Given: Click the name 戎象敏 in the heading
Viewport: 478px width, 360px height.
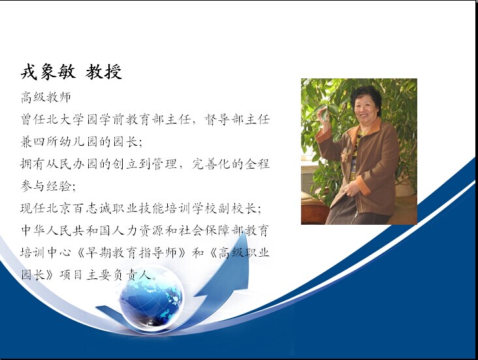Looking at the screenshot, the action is [x=48, y=72].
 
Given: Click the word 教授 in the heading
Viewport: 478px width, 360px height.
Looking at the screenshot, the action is [x=104, y=72].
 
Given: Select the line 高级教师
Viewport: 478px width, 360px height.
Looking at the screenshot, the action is [x=46, y=97].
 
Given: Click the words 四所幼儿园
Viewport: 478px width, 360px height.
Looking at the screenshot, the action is [x=65, y=142].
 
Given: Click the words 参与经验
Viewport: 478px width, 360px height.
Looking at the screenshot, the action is [x=46, y=186].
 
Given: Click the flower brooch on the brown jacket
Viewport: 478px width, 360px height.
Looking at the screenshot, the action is [x=346, y=154].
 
